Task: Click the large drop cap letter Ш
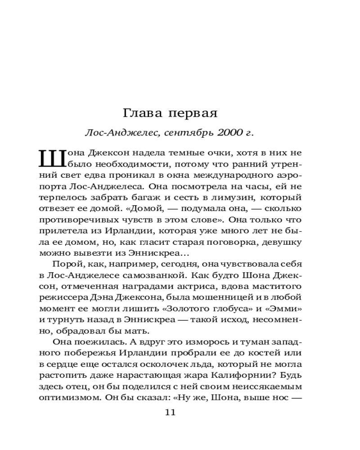[x=50, y=158]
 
